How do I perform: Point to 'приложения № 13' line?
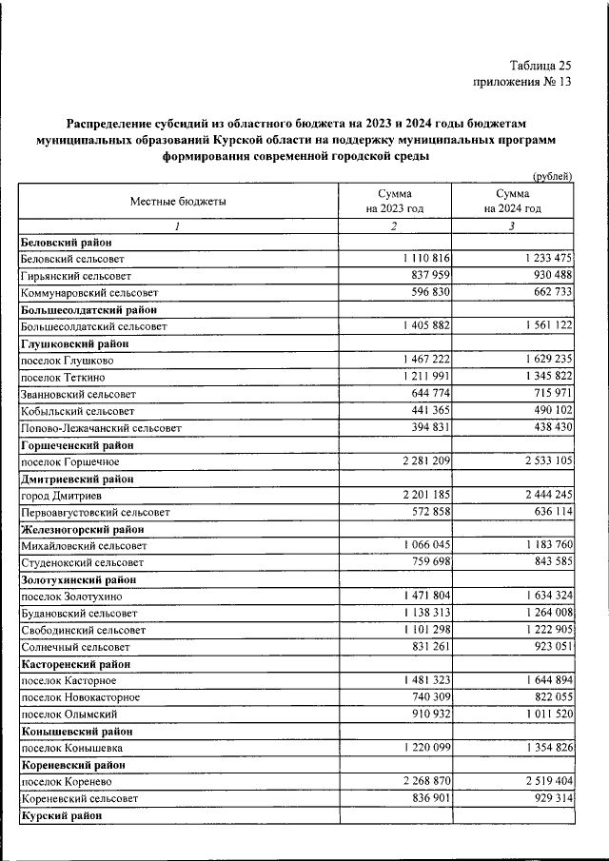click(522, 83)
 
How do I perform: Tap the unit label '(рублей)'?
click(552, 175)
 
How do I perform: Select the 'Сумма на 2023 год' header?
click(393, 201)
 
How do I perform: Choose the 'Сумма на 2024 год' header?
click(512, 201)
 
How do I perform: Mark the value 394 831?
click(425, 428)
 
